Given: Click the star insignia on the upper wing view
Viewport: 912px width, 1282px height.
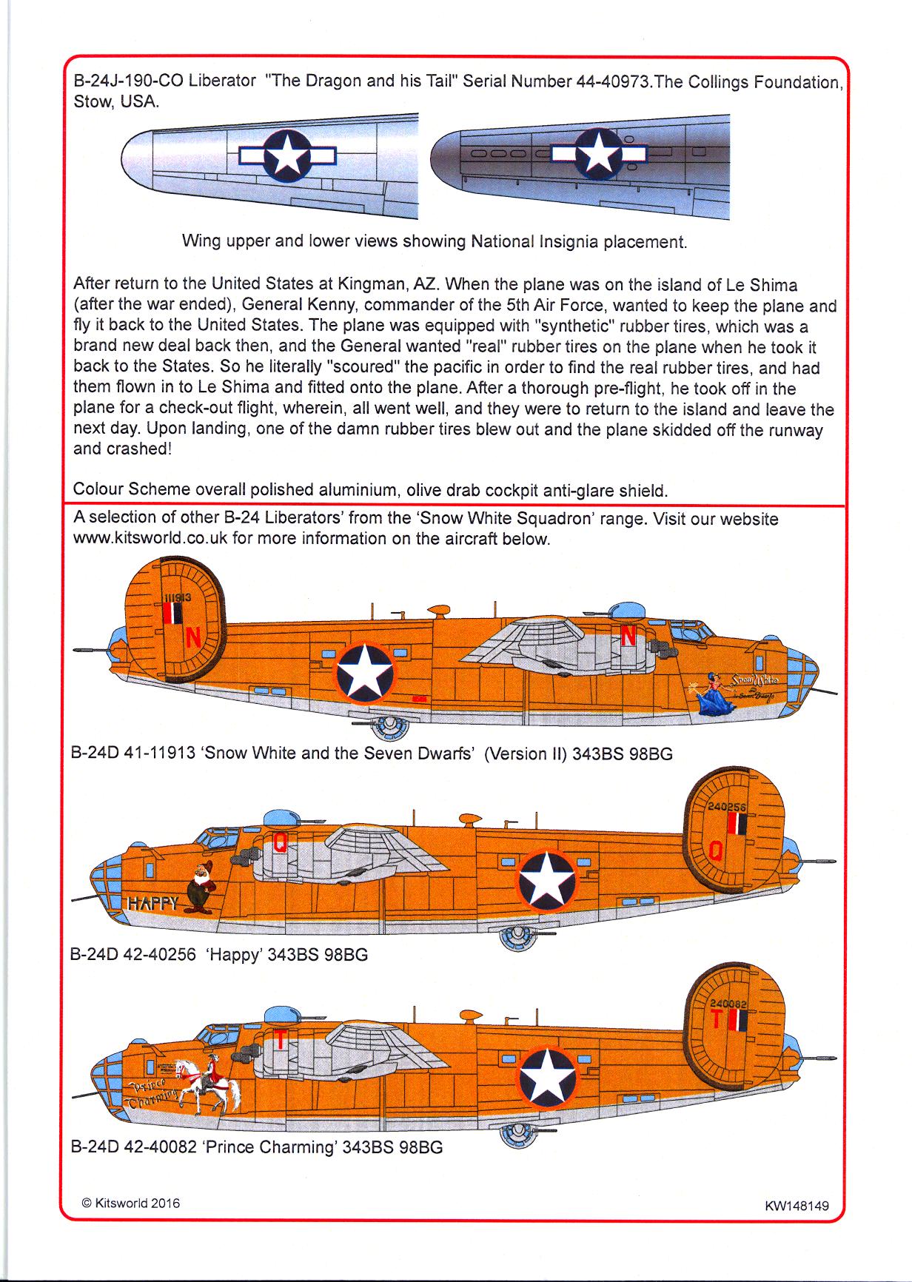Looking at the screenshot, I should [287, 155].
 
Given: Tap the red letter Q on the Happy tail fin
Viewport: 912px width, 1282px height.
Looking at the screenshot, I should [715, 853].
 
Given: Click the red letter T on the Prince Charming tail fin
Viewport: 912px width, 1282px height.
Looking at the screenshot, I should [716, 1021].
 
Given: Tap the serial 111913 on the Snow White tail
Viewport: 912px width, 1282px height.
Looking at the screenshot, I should [178, 596].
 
